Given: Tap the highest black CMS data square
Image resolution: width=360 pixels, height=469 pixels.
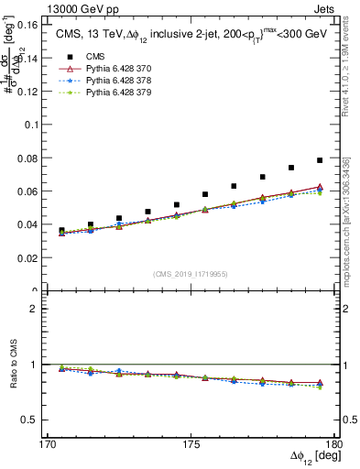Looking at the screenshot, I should (320, 160).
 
